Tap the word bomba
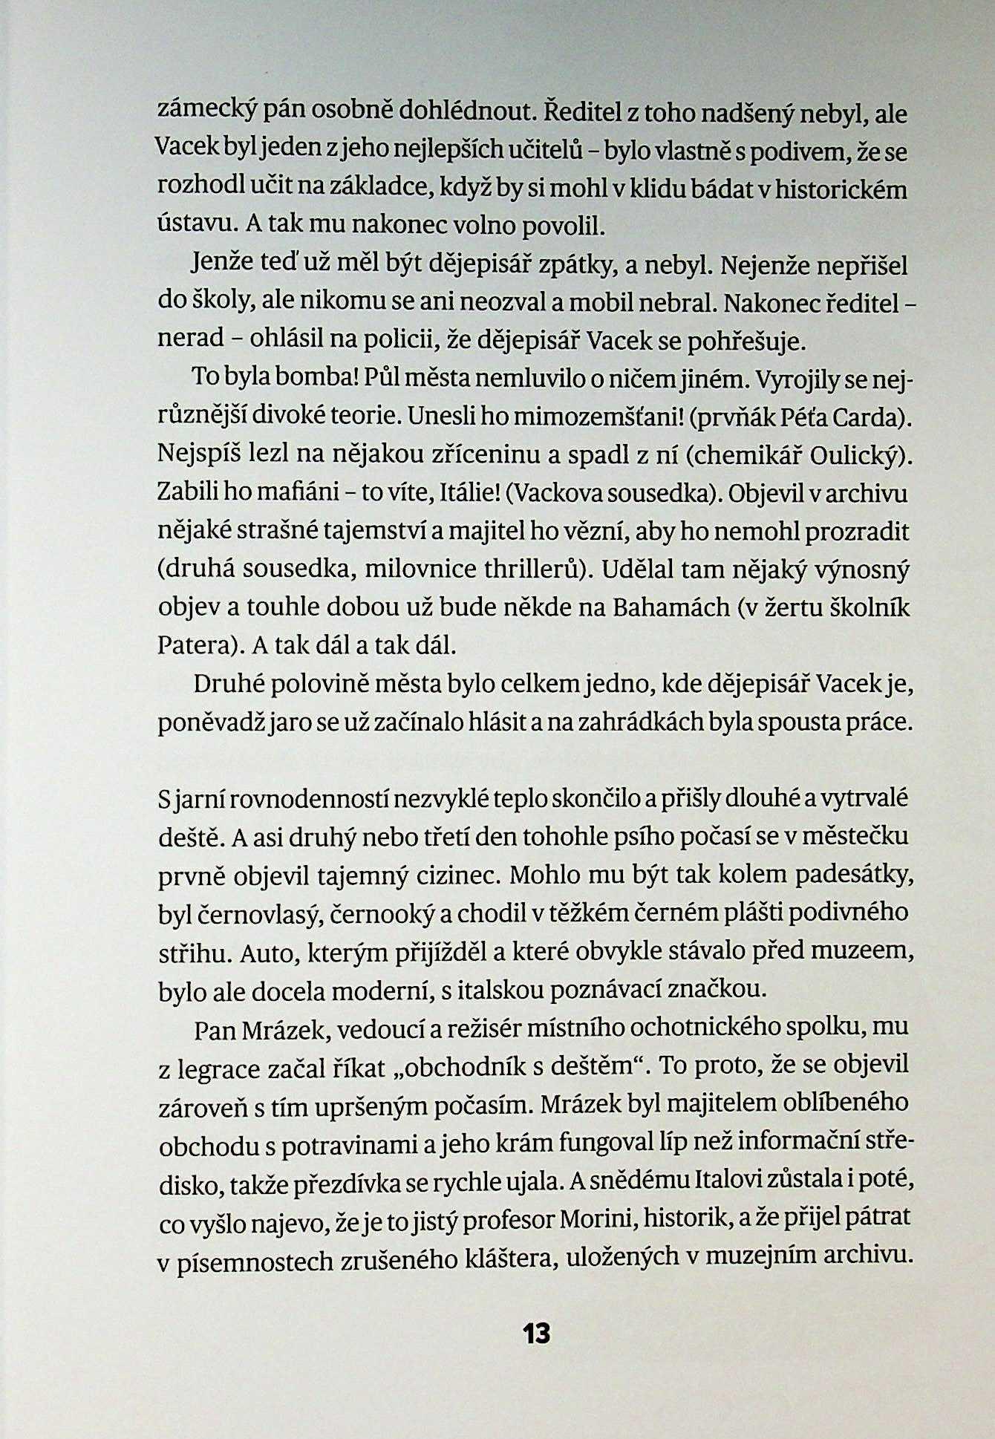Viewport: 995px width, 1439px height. [322, 379]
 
